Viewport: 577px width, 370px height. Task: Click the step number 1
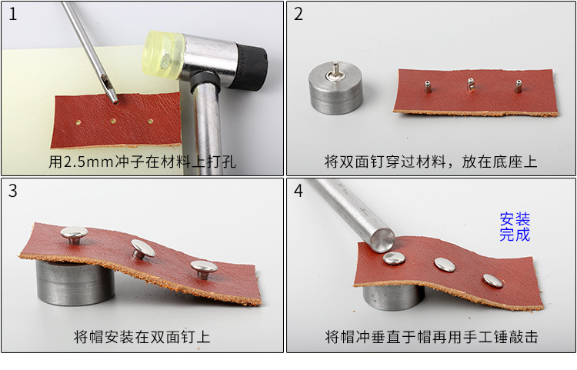(x=12, y=15)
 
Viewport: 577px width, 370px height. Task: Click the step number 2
(x=299, y=15)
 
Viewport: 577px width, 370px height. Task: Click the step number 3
(x=12, y=192)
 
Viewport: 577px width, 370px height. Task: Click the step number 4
(x=299, y=192)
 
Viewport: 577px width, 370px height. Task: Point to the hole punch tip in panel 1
(x=114, y=96)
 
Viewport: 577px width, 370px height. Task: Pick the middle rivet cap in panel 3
(x=142, y=248)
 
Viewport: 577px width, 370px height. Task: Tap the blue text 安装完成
(x=515, y=227)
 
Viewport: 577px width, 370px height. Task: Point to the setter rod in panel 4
(x=346, y=212)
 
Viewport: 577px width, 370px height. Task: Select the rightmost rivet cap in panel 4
(x=492, y=278)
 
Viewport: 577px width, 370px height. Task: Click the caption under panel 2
(x=430, y=162)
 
